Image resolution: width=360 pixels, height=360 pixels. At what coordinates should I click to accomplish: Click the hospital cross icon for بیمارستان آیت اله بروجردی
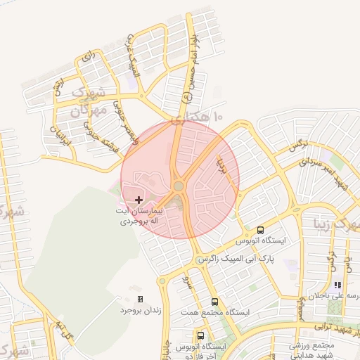(x=138, y=200)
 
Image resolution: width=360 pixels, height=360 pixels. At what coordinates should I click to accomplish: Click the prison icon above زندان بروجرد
(x=140, y=299)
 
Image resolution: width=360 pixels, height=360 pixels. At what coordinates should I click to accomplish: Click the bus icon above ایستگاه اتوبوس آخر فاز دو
(x=202, y=335)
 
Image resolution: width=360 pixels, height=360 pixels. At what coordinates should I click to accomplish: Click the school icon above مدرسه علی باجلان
(x=337, y=285)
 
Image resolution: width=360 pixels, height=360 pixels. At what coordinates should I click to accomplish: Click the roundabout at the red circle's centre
(x=179, y=186)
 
